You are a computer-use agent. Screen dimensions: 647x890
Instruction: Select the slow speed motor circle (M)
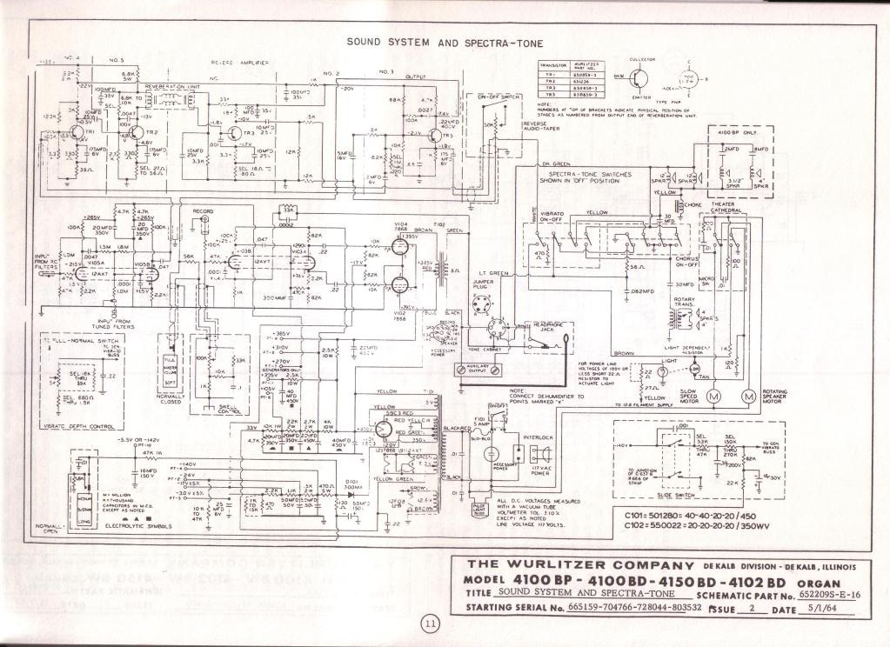pyautogui.click(x=713, y=397)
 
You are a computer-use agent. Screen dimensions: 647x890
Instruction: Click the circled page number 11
pyautogui.click(x=431, y=623)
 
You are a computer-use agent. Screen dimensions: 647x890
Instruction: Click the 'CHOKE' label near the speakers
pyautogui.click(x=693, y=204)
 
